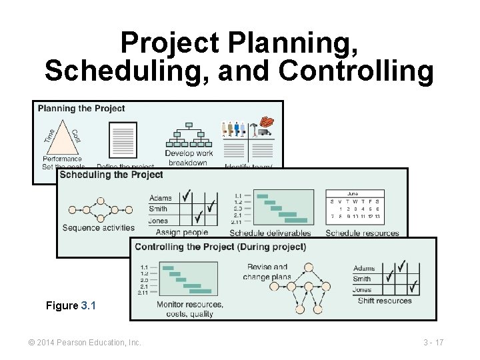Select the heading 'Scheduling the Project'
point(111,175)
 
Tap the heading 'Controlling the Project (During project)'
point(220,247)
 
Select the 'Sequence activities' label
point(98,228)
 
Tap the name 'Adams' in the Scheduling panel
point(161,198)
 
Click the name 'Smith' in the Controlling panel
point(363,279)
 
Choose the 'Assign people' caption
point(181,233)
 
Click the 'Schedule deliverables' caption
point(270,233)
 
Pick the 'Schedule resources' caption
point(362,233)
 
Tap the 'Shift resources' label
point(385,301)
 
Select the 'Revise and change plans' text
point(267,272)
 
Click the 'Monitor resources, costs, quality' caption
point(190,309)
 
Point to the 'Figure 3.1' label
point(71,305)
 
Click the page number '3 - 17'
point(433,343)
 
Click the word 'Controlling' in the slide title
point(356,70)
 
